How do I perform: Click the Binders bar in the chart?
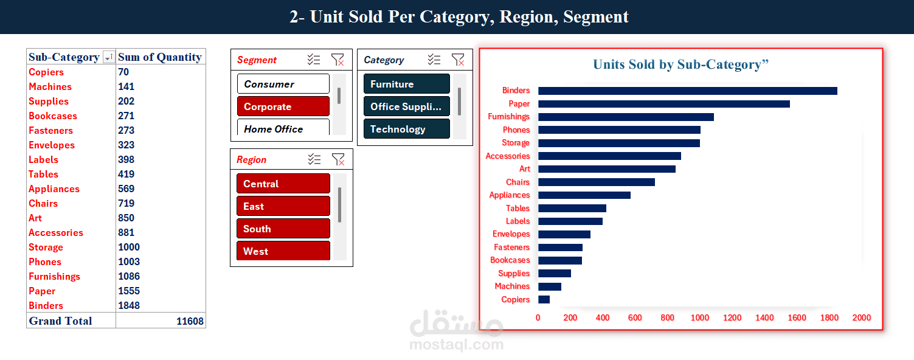[x=687, y=91]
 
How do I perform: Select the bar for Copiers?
[x=544, y=299]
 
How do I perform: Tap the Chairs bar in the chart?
[x=596, y=182]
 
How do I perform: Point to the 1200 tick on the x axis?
[x=732, y=317]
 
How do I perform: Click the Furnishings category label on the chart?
[x=508, y=117]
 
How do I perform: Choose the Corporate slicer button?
[x=283, y=106]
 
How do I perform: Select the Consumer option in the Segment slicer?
[x=283, y=84]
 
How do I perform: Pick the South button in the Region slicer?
[x=283, y=229]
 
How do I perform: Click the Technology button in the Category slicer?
[x=406, y=129]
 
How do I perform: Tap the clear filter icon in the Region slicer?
[x=338, y=159]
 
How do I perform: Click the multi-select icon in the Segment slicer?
[x=314, y=60]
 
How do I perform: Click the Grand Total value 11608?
[x=190, y=321]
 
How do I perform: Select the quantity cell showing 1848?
[x=129, y=305]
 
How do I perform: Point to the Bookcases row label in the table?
[x=53, y=116]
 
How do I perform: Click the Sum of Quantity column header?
[x=160, y=57]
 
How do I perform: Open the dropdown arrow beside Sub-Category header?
[x=108, y=57]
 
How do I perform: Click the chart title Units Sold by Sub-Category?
[x=680, y=64]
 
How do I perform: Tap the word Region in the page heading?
[x=527, y=16]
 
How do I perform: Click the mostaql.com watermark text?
[x=457, y=345]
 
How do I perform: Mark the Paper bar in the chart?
[x=663, y=104]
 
